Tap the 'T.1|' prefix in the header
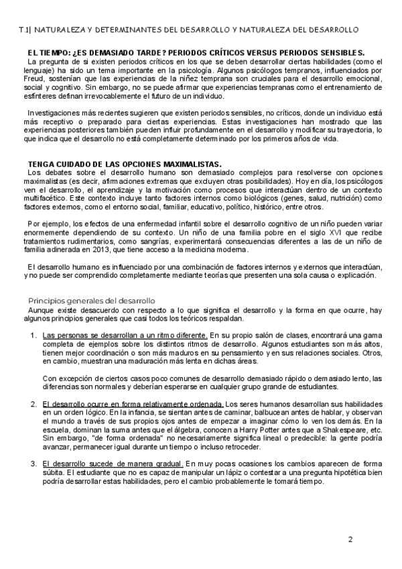click(24, 30)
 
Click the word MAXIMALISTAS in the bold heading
click(190, 163)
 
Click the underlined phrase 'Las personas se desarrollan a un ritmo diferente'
click(125, 334)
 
